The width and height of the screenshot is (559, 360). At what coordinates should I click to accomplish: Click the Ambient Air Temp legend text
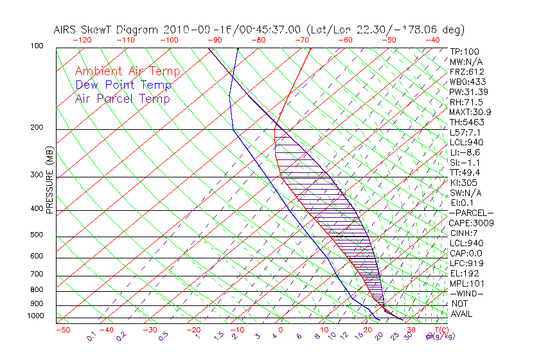[127, 71]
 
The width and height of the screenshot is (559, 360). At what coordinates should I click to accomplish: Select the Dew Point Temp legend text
[123, 85]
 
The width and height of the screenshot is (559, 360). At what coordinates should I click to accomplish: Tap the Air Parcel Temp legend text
[122, 98]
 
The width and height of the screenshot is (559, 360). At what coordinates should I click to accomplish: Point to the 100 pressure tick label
[37, 46]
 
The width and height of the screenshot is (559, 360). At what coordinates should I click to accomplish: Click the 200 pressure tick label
[37, 127]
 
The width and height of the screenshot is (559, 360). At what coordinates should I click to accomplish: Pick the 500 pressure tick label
[37, 235]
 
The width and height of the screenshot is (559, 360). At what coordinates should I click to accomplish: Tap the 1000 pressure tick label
[35, 316]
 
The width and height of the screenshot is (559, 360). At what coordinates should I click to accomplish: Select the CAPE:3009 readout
[470, 223]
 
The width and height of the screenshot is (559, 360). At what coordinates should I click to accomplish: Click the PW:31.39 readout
[468, 92]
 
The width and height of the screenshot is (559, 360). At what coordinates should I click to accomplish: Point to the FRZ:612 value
[466, 72]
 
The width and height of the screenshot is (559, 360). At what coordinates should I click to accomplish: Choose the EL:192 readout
[464, 273]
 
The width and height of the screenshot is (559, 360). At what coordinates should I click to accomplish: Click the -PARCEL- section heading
[471, 213]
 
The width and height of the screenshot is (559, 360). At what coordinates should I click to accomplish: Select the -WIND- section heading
[466, 293]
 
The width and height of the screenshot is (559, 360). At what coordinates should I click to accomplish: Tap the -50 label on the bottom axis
[62, 330]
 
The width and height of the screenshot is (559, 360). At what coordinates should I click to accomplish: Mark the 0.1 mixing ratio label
[91, 335]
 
